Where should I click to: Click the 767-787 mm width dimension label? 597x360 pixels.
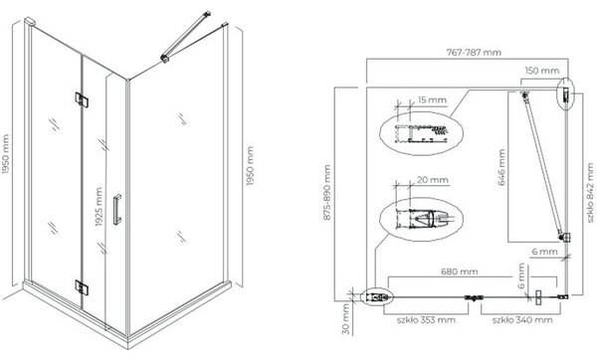pyautogui.click(x=474, y=52)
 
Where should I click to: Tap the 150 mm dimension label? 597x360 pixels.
pyautogui.click(x=542, y=71)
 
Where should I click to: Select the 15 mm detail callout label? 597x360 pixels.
pyautogui.click(x=432, y=100)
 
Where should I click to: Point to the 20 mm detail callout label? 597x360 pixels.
pyautogui.click(x=433, y=179)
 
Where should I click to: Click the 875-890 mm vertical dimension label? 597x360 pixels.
pyautogui.click(x=327, y=193)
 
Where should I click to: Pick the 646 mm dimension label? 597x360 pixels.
pyautogui.click(x=501, y=167)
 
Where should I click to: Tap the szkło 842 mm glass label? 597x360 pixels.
pyautogui.click(x=590, y=193)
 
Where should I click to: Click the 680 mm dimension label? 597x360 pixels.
pyautogui.click(x=459, y=271)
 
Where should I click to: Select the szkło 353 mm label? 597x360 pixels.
pyautogui.click(x=426, y=319)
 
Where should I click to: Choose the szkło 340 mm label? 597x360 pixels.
pyautogui.click(x=522, y=319)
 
